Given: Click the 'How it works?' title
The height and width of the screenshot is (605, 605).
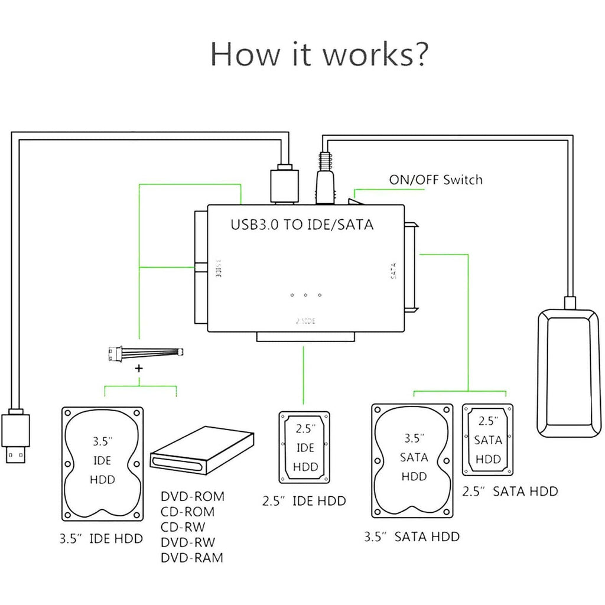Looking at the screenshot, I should [319, 54].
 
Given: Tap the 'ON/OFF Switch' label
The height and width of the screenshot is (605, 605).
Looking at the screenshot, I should [435, 180].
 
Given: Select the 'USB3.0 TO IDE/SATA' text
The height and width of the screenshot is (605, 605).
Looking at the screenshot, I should [301, 225].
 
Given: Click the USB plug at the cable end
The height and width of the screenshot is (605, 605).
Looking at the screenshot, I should [16, 437].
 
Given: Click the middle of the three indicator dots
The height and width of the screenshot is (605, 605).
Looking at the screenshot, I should [305, 294].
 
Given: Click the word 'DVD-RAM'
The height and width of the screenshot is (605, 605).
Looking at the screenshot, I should [192, 557].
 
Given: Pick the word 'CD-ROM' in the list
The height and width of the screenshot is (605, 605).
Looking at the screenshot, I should [188, 512].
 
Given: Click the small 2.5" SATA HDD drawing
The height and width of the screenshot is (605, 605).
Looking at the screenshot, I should [489, 440].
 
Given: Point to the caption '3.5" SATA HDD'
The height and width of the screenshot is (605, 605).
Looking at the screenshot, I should [411, 536].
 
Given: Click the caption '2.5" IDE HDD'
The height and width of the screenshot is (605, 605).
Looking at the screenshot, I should [304, 502].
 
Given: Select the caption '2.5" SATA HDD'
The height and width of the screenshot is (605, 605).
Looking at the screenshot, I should [509, 491].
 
